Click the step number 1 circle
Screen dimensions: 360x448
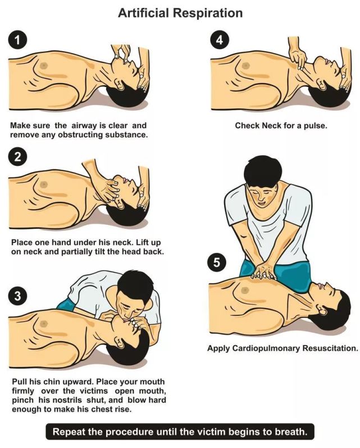tap(18, 40)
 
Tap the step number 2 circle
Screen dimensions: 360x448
tap(18, 157)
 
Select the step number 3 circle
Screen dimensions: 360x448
tap(18, 296)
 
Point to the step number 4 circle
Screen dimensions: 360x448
tap(219, 40)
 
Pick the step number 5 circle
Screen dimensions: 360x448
tap(217, 262)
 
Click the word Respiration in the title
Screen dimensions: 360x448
tap(209, 13)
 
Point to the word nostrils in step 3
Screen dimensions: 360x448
tap(66, 400)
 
